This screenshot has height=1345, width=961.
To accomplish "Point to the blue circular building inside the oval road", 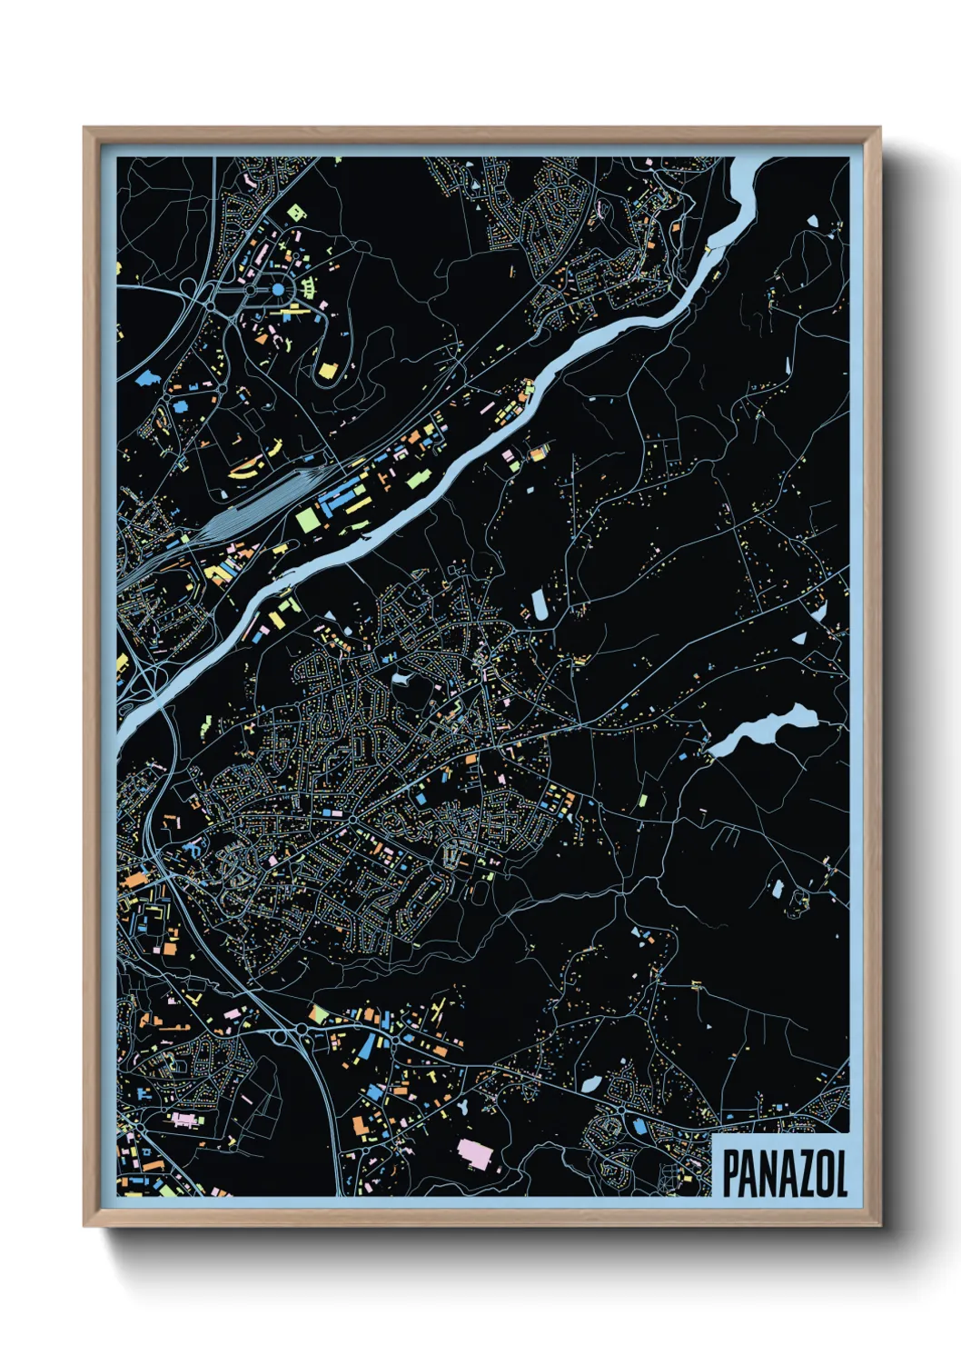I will click(x=278, y=289).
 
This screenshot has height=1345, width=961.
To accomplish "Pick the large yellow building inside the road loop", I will click(x=327, y=369).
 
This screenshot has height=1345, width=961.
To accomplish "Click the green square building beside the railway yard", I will click(x=306, y=518).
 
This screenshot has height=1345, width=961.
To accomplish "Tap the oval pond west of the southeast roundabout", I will click(x=590, y=1084).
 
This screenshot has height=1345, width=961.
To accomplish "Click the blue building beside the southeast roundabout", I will click(x=639, y=1128).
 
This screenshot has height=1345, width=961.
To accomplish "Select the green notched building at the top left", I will click(x=294, y=213).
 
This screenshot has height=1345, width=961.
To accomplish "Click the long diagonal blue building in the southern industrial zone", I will click(x=366, y=1045).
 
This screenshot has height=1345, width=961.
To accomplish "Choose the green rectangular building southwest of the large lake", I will click(x=643, y=801).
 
